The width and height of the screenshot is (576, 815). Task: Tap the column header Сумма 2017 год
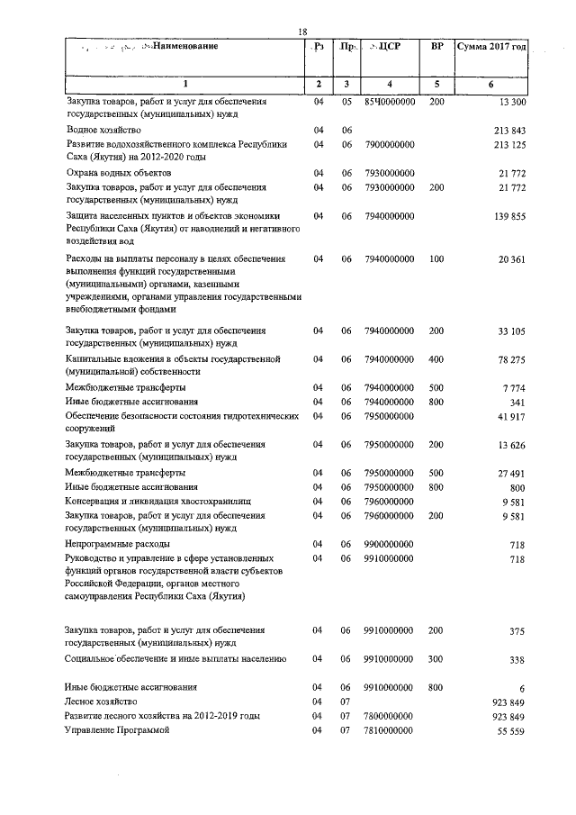click(491, 45)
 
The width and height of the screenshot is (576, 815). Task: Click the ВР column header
click(437, 45)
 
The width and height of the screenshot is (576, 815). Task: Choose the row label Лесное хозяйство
click(101, 701)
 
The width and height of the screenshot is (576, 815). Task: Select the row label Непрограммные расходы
click(118, 545)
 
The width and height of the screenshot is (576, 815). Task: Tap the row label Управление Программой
click(117, 729)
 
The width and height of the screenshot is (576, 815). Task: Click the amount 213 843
click(510, 131)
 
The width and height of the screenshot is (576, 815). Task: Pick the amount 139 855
click(510, 216)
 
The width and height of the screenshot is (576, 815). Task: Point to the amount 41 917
click(512, 416)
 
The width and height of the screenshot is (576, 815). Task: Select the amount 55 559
click(512, 729)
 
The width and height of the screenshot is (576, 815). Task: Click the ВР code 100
click(436, 259)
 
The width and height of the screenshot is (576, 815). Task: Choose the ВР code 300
click(436, 659)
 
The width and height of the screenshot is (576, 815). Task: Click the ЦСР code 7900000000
click(390, 144)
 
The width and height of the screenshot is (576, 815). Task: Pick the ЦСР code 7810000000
click(390, 729)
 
